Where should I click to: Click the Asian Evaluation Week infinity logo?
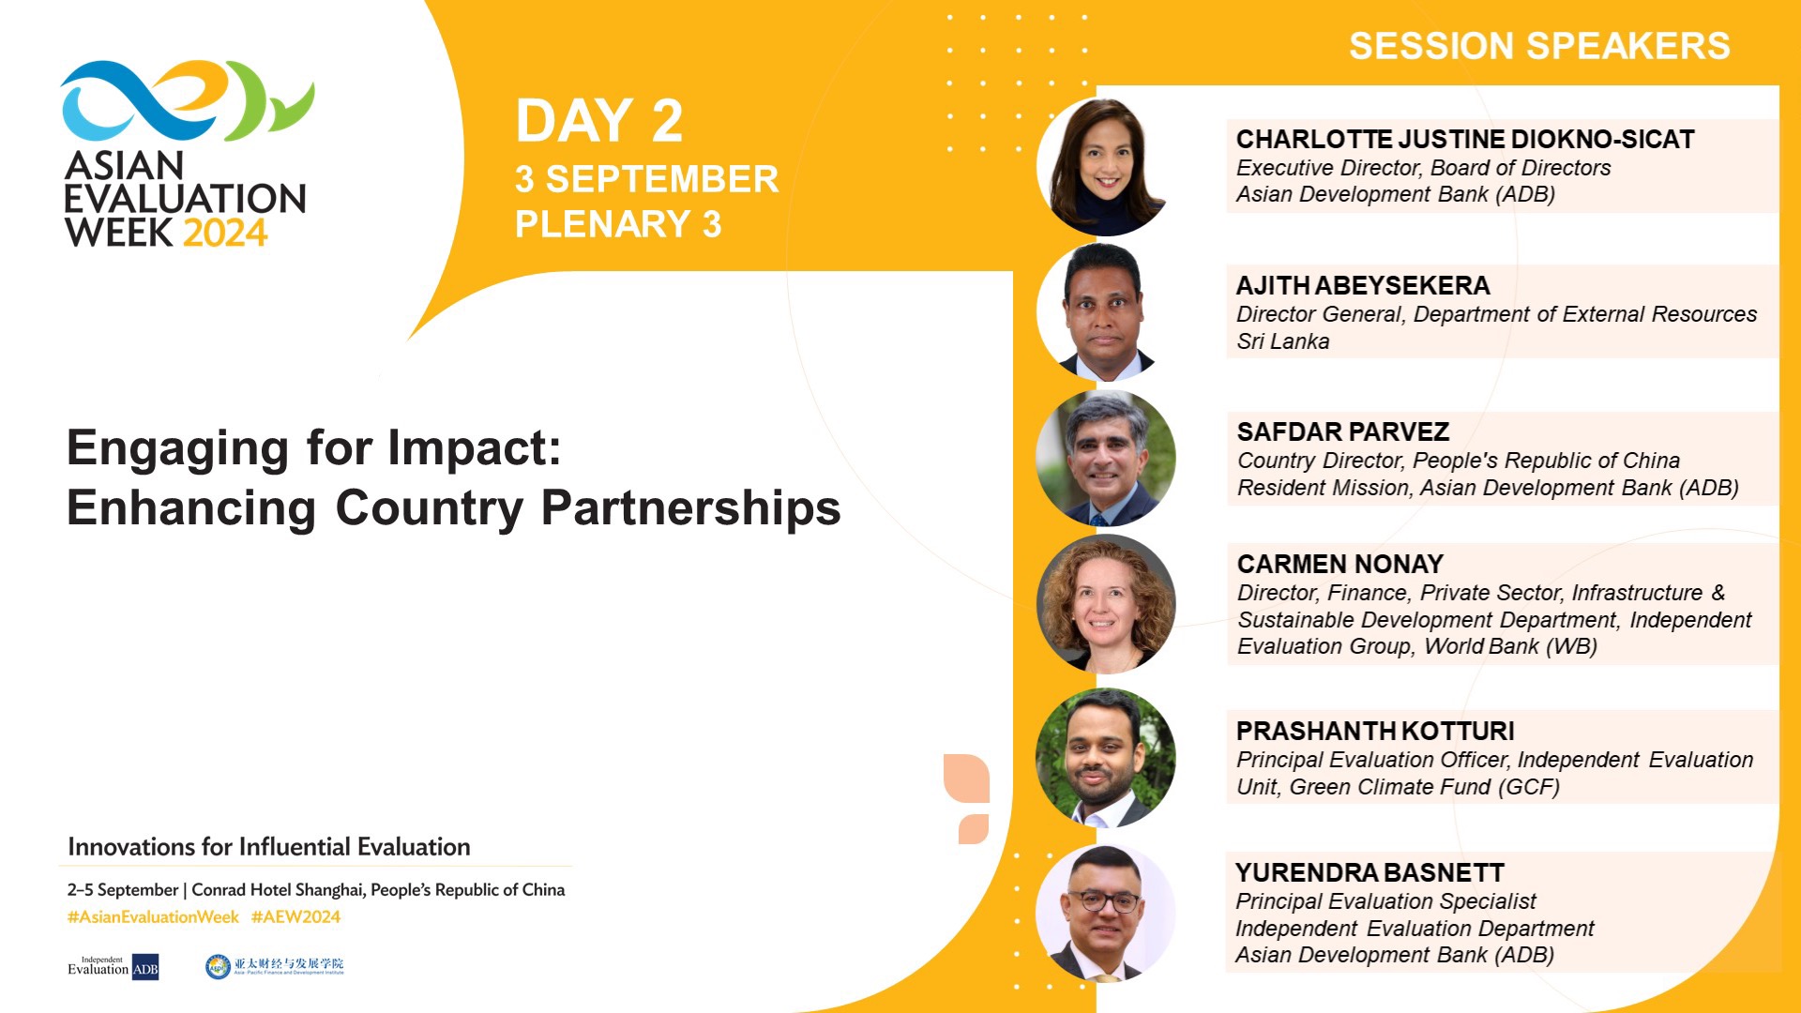point(186,101)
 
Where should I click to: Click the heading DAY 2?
point(598,121)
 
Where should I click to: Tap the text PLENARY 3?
point(618,224)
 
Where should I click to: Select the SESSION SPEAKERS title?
point(1539,46)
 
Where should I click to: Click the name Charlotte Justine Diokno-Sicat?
point(1464,140)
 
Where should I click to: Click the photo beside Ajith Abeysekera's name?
point(1105,311)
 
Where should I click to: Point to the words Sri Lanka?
point(1282,341)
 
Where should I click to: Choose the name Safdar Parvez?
point(1342,431)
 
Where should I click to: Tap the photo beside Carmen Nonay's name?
point(1105,604)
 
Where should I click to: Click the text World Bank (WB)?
point(1510,646)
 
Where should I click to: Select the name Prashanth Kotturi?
point(1374,731)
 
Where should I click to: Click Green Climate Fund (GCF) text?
point(1424,787)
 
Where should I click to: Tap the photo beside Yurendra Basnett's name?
point(1105,913)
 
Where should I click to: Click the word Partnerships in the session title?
point(690,508)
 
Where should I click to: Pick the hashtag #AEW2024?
point(295,917)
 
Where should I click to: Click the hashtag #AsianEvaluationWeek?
point(153,917)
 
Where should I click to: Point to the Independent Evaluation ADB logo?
point(113,966)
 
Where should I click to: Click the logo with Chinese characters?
point(275,965)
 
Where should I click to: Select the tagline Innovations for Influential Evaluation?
point(268,847)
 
